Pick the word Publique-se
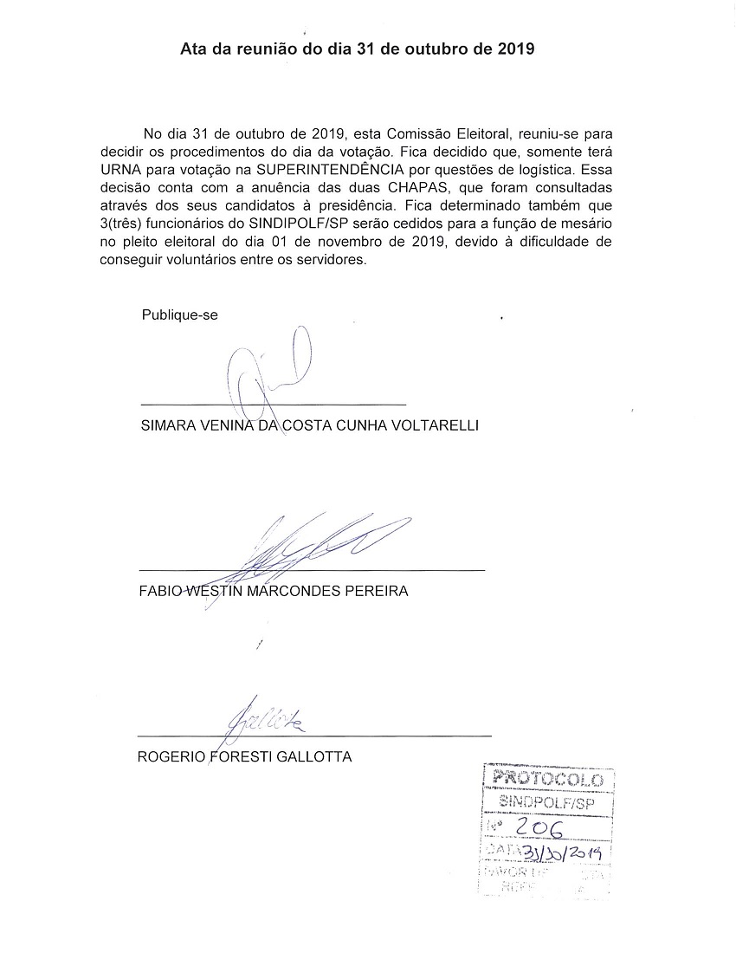click(179, 315)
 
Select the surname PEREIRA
click(377, 592)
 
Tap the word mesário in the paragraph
click(595, 224)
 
